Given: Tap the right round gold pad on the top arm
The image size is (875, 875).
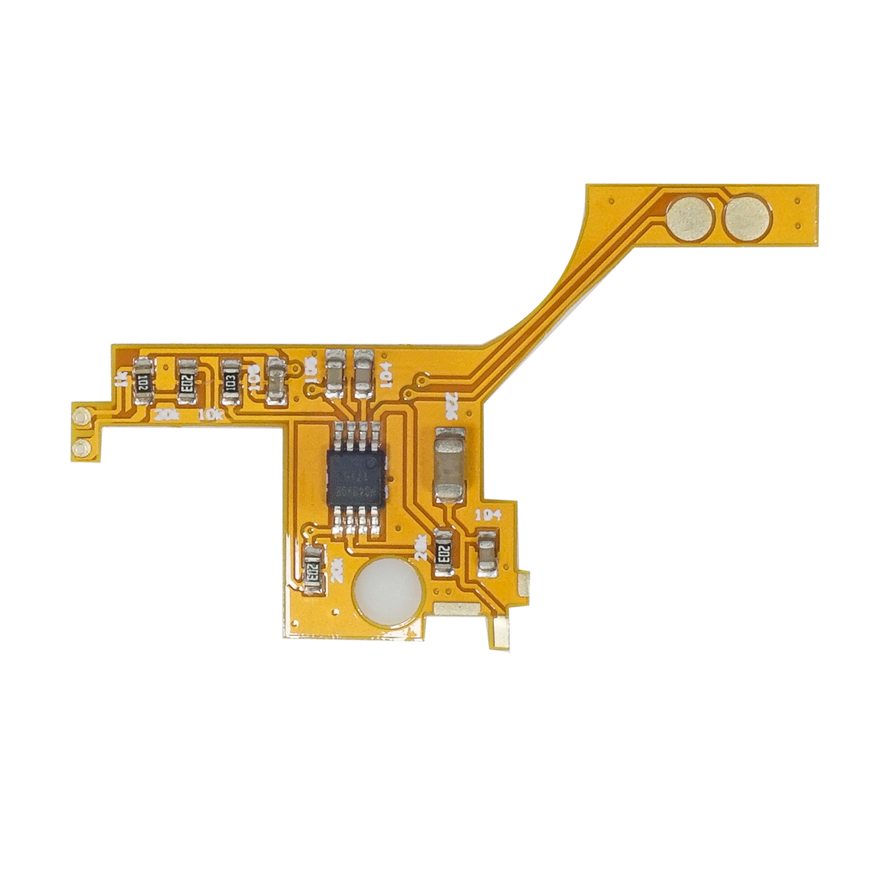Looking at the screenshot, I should click(x=747, y=219).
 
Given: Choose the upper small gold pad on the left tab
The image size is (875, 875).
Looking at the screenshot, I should click(x=82, y=417).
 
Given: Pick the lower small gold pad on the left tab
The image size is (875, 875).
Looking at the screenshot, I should click(x=82, y=447).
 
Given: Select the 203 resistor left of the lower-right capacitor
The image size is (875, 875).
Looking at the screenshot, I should click(x=444, y=552).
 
